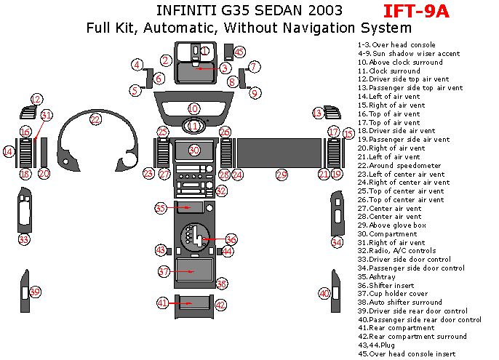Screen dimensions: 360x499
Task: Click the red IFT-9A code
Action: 417,11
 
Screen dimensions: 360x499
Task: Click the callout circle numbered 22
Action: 95,119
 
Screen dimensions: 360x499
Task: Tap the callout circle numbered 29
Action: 282,175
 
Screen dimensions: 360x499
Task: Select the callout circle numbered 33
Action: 24,239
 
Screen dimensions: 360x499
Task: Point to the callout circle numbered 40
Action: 324,293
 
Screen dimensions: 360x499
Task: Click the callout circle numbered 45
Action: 239,52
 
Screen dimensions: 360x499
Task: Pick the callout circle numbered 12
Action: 36,99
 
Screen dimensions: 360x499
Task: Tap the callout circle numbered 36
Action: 231,239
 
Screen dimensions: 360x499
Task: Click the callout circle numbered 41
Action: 163,303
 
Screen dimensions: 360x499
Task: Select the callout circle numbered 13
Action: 318,113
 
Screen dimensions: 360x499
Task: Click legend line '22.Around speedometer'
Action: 399,165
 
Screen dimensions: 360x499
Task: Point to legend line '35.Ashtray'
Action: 376,277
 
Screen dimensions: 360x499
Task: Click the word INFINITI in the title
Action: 181,11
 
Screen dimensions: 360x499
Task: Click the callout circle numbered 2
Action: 166,60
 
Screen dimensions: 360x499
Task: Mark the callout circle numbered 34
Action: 337,242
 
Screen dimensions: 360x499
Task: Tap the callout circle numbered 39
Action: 35,292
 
